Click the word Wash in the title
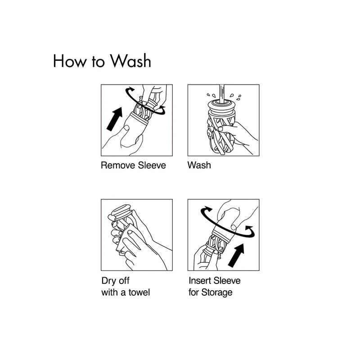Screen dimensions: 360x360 click(x=130, y=61)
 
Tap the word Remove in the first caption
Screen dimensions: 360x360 click(x=118, y=165)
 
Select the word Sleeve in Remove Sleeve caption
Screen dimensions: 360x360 click(x=152, y=165)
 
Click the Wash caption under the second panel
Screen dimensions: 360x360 click(x=199, y=165)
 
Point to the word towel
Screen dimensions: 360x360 click(x=139, y=292)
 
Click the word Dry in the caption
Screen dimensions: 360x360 click(x=109, y=281)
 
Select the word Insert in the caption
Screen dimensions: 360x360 click(x=200, y=280)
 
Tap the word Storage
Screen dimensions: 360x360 click(x=217, y=293)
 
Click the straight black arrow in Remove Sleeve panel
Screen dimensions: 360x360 click(x=115, y=119)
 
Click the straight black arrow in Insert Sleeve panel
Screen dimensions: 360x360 click(x=236, y=255)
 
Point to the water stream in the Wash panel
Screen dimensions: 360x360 click(x=222, y=94)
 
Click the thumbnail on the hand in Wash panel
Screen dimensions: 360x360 click(x=220, y=129)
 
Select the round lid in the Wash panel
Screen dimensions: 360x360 click(x=222, y=105)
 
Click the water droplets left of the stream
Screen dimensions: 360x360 click(x=211, y=95)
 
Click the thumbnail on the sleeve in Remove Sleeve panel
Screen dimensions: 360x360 click(x=126, y=128)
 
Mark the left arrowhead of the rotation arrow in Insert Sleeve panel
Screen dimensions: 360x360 click(x=208, y=209)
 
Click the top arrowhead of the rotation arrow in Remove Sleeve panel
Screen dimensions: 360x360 click(x=131, y=89)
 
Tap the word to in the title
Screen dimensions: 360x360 click(x=98, y=62)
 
